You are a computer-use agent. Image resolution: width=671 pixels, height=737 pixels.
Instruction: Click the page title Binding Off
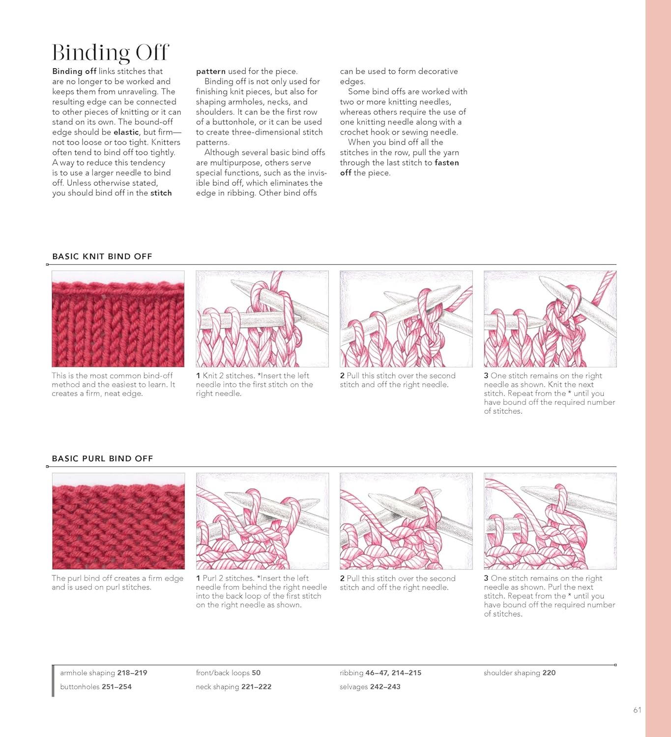[110, 53]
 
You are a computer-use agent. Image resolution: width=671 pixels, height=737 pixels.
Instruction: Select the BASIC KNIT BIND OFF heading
[102, 256]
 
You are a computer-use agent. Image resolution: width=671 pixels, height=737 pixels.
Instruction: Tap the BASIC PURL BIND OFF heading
[102, 458]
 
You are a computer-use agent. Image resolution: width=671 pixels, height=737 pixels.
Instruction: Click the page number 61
[637, 710]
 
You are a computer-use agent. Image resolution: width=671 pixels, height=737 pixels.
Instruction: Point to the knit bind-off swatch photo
[118, 319]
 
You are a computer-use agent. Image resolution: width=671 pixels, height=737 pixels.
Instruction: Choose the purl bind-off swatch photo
[118, 521]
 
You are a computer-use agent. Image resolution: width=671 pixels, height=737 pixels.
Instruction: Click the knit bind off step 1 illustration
[262, 319]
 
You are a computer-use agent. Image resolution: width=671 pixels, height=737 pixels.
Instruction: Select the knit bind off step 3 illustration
[550, 319]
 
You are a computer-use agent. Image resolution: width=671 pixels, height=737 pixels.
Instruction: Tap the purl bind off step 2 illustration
[406, 521]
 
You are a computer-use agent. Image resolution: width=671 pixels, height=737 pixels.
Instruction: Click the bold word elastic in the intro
[126, 132]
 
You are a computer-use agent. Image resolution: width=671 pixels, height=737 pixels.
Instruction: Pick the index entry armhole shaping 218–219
[103, 673]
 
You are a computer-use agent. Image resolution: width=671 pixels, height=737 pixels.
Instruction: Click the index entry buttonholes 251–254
[96, 687]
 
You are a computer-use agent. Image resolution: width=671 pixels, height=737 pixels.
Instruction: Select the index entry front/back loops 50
[228, 673]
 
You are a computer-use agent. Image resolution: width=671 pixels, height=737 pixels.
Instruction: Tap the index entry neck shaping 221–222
[233, 687]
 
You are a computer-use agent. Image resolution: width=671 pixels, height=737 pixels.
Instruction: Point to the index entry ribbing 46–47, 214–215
[380, 673]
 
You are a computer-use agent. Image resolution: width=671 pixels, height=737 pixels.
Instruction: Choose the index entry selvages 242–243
[370, 687]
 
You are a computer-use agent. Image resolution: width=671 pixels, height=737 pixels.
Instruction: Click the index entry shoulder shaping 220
[519, 673]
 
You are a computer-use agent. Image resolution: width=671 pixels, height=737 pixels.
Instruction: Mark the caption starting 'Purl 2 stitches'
[261, 592]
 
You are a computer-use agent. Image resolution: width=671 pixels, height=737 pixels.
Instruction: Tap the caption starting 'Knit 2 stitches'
[254, 385]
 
